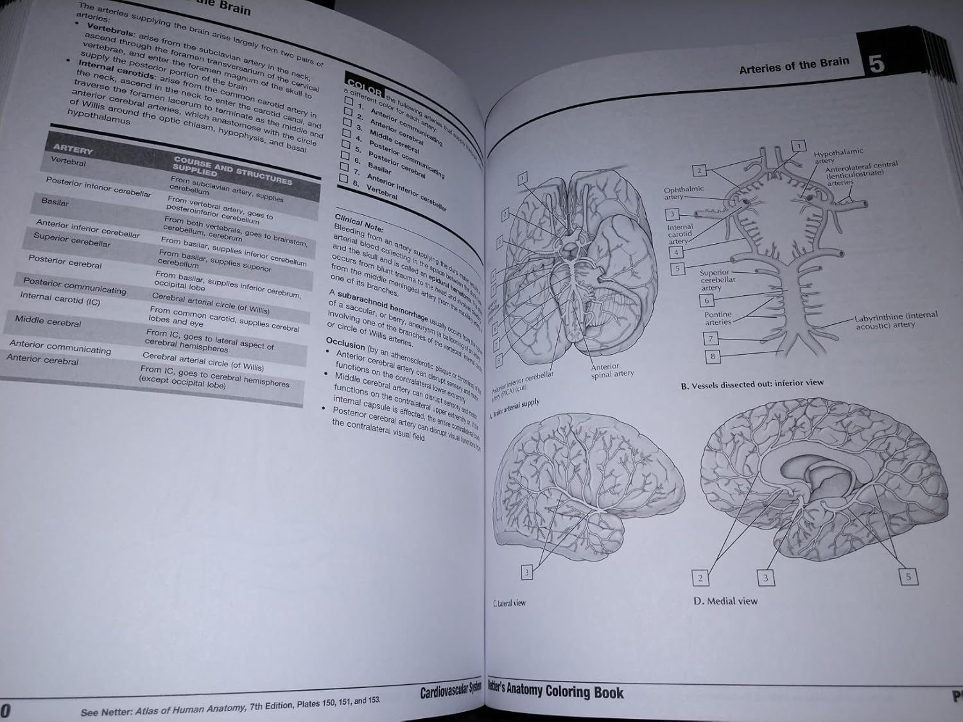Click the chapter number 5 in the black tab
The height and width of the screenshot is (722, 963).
point(877,64)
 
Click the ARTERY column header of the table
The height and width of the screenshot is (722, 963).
point(73,150)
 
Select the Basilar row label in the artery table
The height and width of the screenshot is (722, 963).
point(55,202)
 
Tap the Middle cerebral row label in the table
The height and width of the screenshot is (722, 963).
point(48,322)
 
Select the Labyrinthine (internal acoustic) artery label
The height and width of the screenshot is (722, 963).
point(896,321)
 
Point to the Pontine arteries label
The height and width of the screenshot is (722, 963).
point(718,318)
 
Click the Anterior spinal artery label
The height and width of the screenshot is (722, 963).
point(612,370)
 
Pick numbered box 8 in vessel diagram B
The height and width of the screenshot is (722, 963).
point(713,356)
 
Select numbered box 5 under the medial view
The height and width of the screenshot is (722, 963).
point(908,577)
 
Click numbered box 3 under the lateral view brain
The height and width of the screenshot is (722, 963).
point(527,572)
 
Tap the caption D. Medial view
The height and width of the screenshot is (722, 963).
point(725,601)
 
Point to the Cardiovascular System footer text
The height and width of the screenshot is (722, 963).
point(450,691)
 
